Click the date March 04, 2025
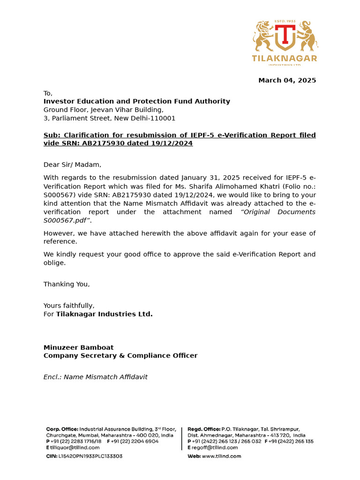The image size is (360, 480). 287,80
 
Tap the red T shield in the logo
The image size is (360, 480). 285,37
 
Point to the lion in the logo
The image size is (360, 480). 263,36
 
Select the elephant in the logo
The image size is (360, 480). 307,36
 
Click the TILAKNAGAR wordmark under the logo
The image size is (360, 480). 285,58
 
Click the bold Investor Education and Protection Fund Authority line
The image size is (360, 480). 136,101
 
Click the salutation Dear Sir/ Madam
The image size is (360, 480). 72,165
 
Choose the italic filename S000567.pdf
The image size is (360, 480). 67,220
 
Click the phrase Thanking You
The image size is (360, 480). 67,284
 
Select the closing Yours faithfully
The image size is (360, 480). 69,306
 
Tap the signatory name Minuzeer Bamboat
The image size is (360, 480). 78,347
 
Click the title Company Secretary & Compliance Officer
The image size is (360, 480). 120,355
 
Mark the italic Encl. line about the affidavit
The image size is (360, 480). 95,377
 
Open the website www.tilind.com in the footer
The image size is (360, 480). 221,456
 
